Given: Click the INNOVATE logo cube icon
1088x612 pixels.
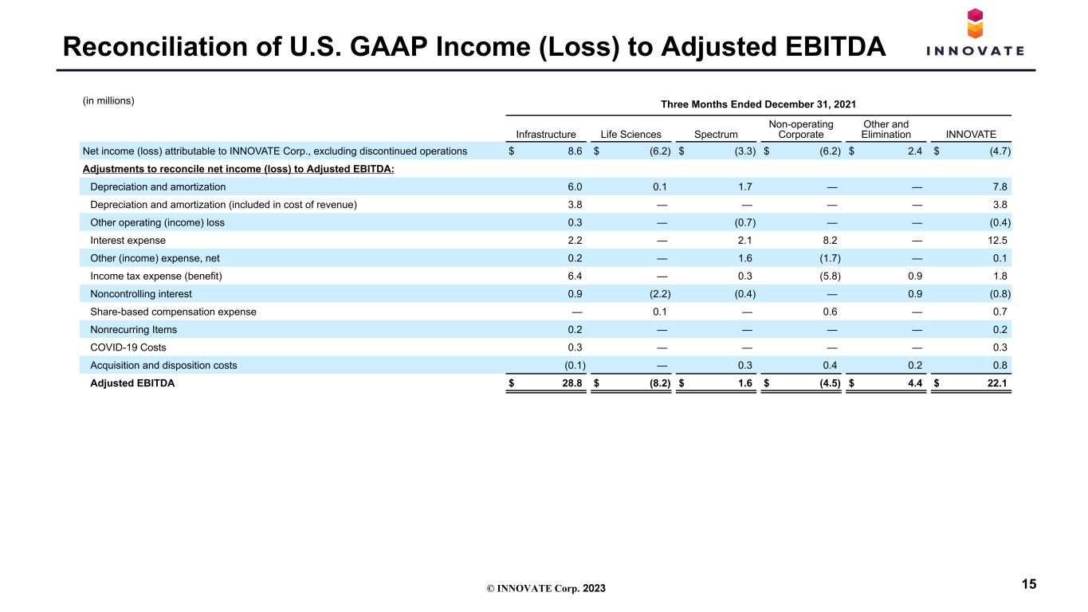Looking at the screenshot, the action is pyautogui.click(x=975, y=23).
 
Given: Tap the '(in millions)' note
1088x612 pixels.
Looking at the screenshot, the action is pyautogui.click(x=108, y=100).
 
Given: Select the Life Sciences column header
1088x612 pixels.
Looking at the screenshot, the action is pyautogui.click(x=630, y=135).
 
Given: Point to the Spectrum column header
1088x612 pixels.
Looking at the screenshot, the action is pyautogui.click(x=716, y=135).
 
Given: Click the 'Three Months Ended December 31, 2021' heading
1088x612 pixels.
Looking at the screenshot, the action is pyautogui.click(x=758, y=104).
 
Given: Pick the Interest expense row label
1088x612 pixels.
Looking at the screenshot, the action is pyautogui.click(x=128, y=241).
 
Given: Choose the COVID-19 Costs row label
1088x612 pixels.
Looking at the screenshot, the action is pyautogui.click(x=128, y=347).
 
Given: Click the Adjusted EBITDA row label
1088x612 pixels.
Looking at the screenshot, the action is pyautogui.click(x=132, y=383).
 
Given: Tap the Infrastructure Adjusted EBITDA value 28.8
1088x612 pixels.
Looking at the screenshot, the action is pyautogui.click(x=571, y=383).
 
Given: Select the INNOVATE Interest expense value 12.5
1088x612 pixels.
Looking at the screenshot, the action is pyautogui.click(x=997, y=241).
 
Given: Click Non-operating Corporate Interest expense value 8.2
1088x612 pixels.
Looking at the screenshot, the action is pyautogui.click(x=830, y=241).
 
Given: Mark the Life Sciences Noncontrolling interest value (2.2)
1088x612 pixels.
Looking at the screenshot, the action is pyautogui.click(x=660, y=294).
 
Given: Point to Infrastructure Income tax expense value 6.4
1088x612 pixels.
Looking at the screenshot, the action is pyautogui.click(x=575, y=276).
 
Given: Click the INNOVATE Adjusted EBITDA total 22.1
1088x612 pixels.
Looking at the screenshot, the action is pyautogui.click(x=997, y=383).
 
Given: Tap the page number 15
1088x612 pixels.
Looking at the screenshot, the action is pyautogui.click(x=1029, y=584).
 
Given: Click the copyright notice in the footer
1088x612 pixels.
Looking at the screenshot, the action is pyautogui.click(x=546, y=588).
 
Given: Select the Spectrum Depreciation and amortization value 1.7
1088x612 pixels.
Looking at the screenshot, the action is pyautogui.click(x=744, y=187).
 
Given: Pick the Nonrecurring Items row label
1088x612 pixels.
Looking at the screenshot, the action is pyautogui.click(x=134, y=330).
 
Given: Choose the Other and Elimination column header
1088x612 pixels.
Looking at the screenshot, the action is pyautogui.click(x=886, y=129).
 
